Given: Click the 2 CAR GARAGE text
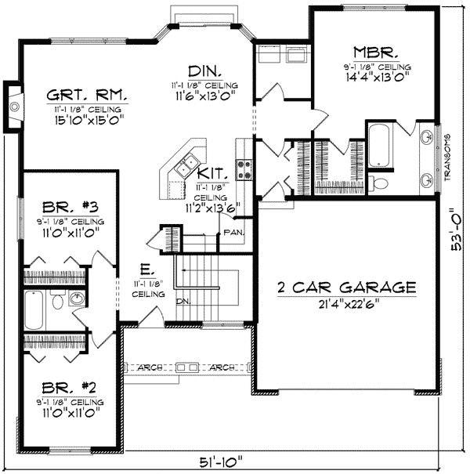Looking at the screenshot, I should (x=345, y=288).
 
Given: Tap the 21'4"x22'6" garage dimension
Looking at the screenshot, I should (x=345, y=304).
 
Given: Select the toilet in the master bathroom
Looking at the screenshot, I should (x=380, y=183).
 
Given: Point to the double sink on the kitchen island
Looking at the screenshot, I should (x=186, y=165).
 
